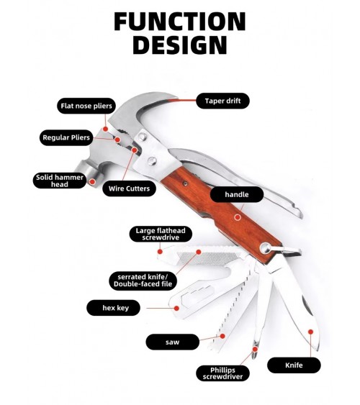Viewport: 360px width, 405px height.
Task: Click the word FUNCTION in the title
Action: (x=179, y=22)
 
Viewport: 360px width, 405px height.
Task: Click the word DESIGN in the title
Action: (x=180, y=45)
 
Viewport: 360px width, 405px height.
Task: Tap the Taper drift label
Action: (x=222, y=101)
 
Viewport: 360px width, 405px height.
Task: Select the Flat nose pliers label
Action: (x=86, y=106)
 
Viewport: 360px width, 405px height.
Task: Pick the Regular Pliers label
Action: (x=66, y=137)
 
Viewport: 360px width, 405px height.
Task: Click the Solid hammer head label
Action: (x=60, y=181)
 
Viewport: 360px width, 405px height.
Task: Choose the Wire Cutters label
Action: (x=129, y=188)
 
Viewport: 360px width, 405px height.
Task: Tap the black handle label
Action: (x=237, y=194)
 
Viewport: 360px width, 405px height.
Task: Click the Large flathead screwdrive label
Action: (x=161, y=234)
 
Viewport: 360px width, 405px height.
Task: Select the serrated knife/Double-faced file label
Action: (x=143, y=281)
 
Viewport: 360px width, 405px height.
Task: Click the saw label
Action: (x=173, y=342)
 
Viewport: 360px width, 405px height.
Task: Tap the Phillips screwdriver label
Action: (x=222, y=373)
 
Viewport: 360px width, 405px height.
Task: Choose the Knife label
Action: (x=294, y=365)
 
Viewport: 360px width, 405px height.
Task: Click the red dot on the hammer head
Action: (x=92, y=182)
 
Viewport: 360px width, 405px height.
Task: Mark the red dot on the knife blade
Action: (x=310, y=332)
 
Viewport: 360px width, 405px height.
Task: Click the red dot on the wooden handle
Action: (x=238, y=217)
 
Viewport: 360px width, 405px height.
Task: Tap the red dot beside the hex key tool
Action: (x=177, y=308)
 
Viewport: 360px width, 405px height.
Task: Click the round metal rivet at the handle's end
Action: (x=266, y=248)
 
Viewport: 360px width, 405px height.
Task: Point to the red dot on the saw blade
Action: (x=222, y=336)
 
